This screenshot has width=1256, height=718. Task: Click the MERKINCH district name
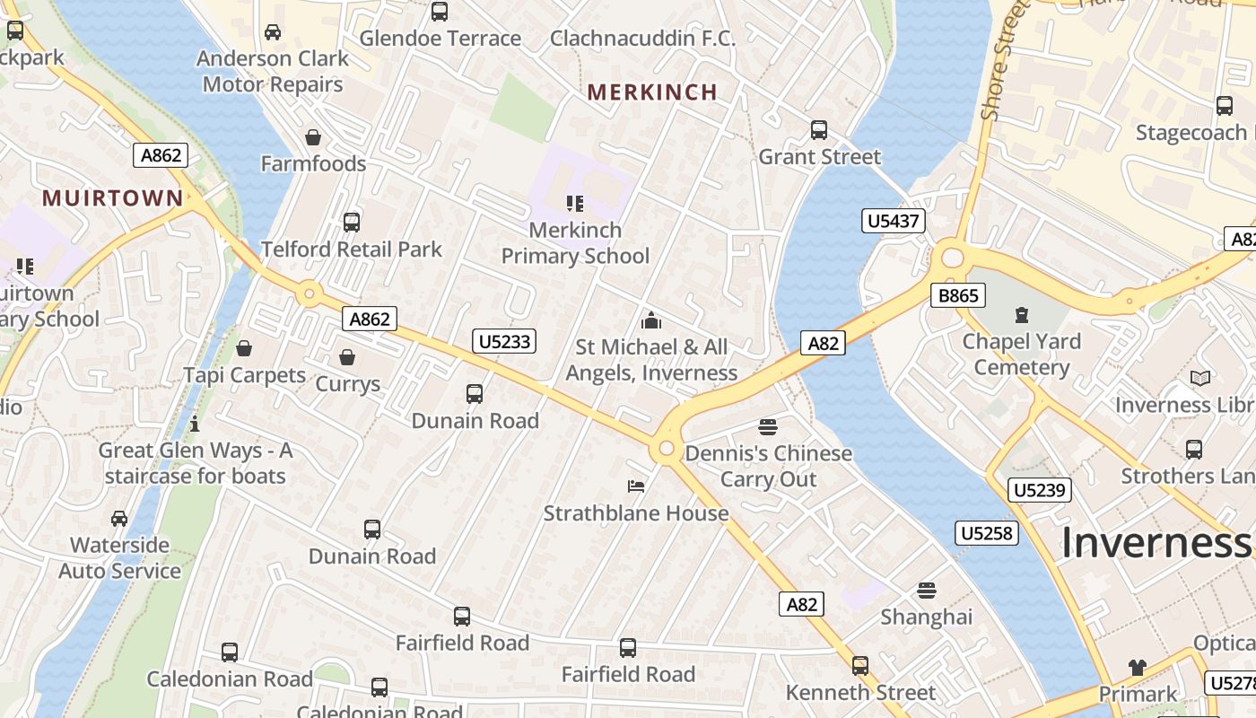(652, 92)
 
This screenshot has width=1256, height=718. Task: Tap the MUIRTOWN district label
(112, 198)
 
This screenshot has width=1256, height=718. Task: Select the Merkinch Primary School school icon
(575, 204)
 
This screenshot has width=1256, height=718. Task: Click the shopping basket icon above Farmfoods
(313, 137)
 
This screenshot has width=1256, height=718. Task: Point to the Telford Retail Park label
(352, 249)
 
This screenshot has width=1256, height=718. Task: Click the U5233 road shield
(504, 341)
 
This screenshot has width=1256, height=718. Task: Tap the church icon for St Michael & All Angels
(651, 320)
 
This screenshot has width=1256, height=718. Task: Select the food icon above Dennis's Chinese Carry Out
(767, 426)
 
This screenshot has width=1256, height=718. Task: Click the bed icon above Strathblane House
(636, 486)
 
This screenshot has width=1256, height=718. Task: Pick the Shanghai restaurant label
(926, 617)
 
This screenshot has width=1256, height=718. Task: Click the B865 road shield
(958, 295)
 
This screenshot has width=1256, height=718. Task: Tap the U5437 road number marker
(894, 221)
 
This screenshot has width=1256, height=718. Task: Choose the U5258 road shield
(987, 533)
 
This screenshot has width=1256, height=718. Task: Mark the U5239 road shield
(1040, 490)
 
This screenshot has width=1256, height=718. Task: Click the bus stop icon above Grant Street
(819, 130)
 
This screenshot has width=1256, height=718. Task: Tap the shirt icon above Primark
(1138, 667)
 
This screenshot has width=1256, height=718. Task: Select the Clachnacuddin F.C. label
(642, 39)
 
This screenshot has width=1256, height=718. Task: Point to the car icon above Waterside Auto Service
(119, 519)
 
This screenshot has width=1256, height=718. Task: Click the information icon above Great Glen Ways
(195, 424)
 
